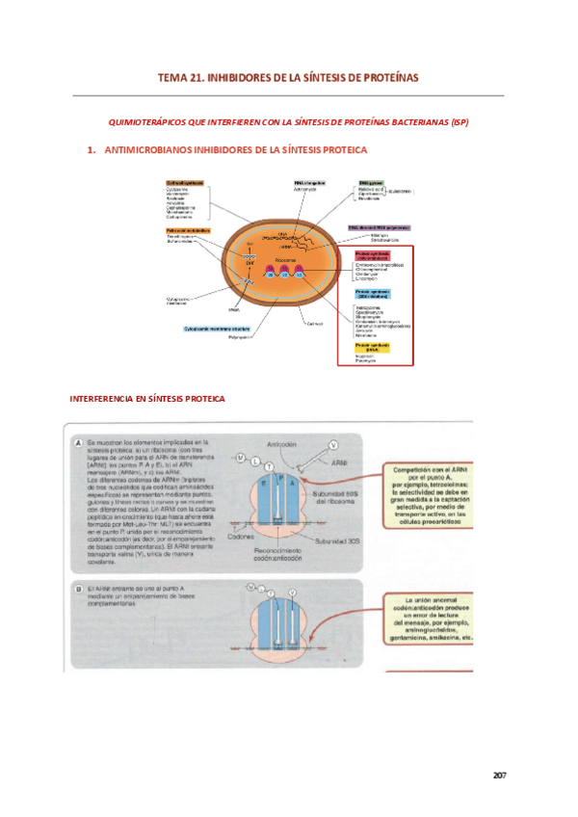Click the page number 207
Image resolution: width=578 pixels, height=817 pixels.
tap(498, 775)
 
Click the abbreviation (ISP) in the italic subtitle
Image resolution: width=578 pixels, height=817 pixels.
tap(458, 122)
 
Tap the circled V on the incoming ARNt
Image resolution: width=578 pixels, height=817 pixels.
tap(332, 445)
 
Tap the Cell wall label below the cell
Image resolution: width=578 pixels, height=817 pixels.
tap(314, 323)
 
